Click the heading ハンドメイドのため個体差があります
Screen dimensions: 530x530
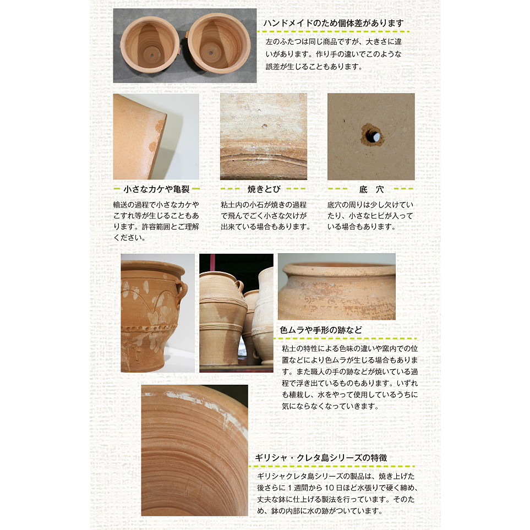click(334, 23)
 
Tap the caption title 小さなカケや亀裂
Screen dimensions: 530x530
click(156, 189)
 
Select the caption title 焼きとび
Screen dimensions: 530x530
click(264, 189)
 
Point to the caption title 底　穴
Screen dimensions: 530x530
click(371, 189)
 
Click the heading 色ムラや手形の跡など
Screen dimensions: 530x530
click(321, 330)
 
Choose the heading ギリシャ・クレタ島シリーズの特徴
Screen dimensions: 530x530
click(321, 458)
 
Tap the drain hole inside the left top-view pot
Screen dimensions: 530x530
click(152, 55)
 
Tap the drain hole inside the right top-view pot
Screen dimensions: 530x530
click(211, 53)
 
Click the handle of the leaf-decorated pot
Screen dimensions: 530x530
click(182, 291)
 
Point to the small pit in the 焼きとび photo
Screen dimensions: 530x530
click(265, 126)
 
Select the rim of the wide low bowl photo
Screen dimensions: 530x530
click(339, 269)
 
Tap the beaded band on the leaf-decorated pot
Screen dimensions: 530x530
click(149, 328)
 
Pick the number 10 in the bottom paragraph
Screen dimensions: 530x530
click(329, 488)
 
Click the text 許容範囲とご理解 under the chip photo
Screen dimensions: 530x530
click(171, 226)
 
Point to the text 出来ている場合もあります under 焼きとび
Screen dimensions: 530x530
click(264, 226)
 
